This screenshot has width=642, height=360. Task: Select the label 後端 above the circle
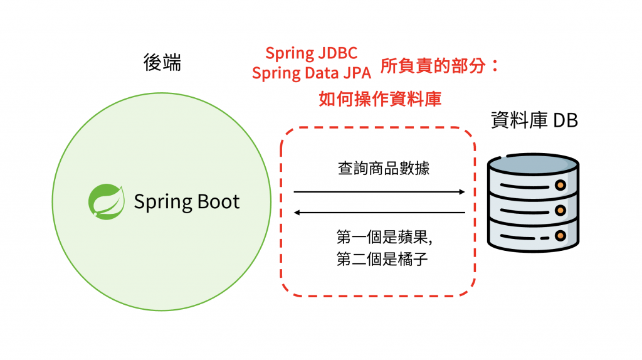[x=162, y=63]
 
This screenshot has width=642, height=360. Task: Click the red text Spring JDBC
[x=311, y=53]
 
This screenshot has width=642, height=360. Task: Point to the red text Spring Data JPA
[x=312, y=72]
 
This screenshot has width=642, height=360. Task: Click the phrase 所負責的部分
[x=433, y=66]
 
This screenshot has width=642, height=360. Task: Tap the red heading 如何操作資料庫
[x=380, y=98]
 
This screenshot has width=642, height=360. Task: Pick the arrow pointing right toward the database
[x=379, y=191]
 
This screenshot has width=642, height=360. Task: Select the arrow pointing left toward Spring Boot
[x=379, y=213]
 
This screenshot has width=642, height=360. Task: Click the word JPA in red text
[x=357, y=73]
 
